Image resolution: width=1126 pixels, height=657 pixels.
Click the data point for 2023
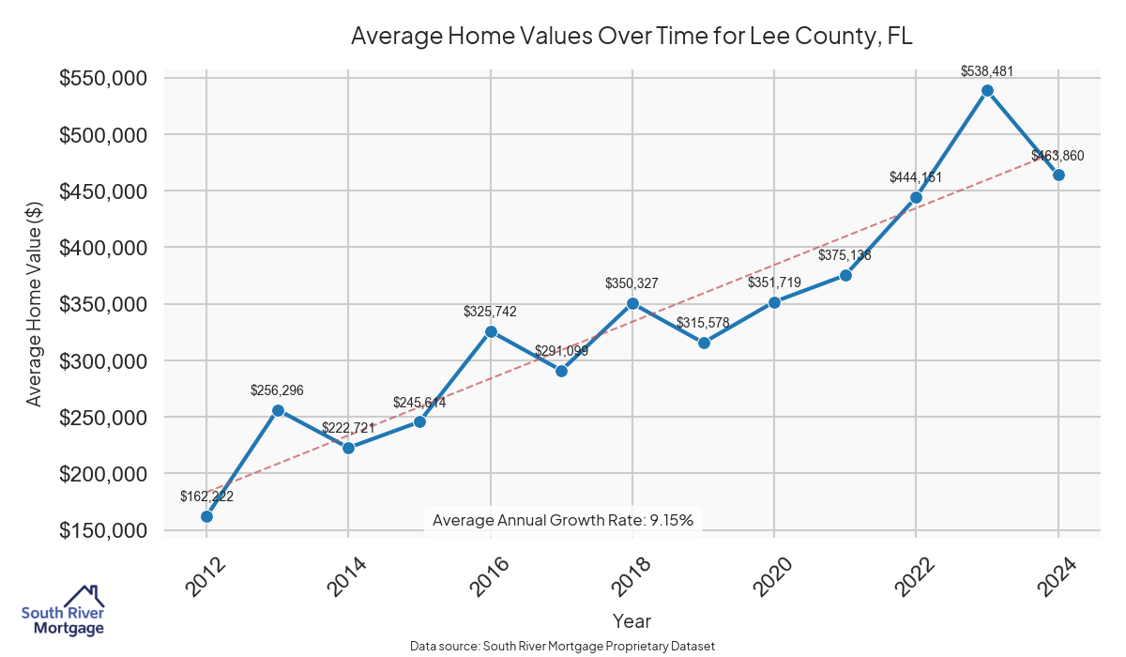987,90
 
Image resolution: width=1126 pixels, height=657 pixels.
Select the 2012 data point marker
206,516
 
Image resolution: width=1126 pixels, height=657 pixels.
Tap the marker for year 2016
491,331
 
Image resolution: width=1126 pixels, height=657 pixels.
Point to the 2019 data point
704,343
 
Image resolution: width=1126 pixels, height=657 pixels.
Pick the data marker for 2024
1058,175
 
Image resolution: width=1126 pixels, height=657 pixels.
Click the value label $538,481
987,70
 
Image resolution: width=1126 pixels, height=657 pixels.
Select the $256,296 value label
278,390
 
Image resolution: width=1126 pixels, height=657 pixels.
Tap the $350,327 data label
632,283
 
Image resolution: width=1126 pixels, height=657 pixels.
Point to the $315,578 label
704,323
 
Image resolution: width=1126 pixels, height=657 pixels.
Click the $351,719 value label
774,283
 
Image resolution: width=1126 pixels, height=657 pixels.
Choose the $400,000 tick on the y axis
103,248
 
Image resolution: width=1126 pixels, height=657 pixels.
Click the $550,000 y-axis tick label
103,79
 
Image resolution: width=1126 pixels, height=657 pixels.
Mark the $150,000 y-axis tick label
103,530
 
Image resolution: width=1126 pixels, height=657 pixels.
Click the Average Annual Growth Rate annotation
563,520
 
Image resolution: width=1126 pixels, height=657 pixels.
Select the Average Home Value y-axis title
35,304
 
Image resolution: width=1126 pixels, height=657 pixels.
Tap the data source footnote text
563,646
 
